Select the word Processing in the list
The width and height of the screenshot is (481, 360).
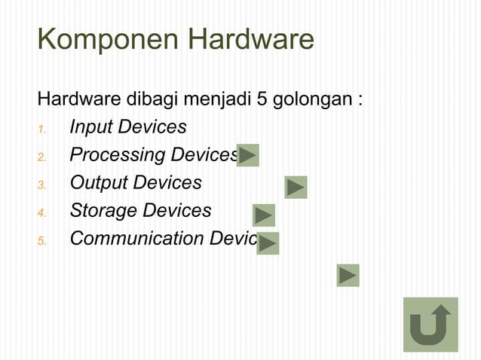tap(118, 155)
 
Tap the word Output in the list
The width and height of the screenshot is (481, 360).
tap(98, 183)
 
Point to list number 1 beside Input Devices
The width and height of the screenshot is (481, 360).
tap(42, 129)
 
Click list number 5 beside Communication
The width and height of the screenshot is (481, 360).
tap(42, 240)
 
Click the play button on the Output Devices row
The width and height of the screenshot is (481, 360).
tap(296, 187)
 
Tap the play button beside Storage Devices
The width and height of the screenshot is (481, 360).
tap(264, 215)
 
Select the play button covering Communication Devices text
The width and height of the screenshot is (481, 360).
tap(268, 243)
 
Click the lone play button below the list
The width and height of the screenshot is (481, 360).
tap(348, 276)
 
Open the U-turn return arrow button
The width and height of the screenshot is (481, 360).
tap(430, 325)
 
